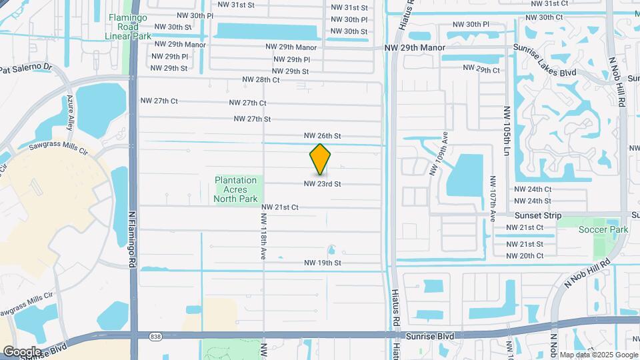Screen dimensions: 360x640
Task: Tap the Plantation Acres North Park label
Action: click(235, 189)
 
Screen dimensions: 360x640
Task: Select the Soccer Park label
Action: click(603, 229)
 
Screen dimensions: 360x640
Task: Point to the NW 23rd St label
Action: click(323, 184)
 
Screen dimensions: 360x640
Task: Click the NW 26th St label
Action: click(323, 135)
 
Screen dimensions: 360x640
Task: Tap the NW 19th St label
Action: click(323, 263)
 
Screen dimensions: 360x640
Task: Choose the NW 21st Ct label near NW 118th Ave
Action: click(279, 207)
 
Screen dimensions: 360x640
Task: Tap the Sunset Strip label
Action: click(538, 215)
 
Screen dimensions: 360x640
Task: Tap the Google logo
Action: click(21, 351)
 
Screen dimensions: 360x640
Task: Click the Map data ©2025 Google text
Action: click(598, 355)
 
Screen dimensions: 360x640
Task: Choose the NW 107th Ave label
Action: click(493, 199)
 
